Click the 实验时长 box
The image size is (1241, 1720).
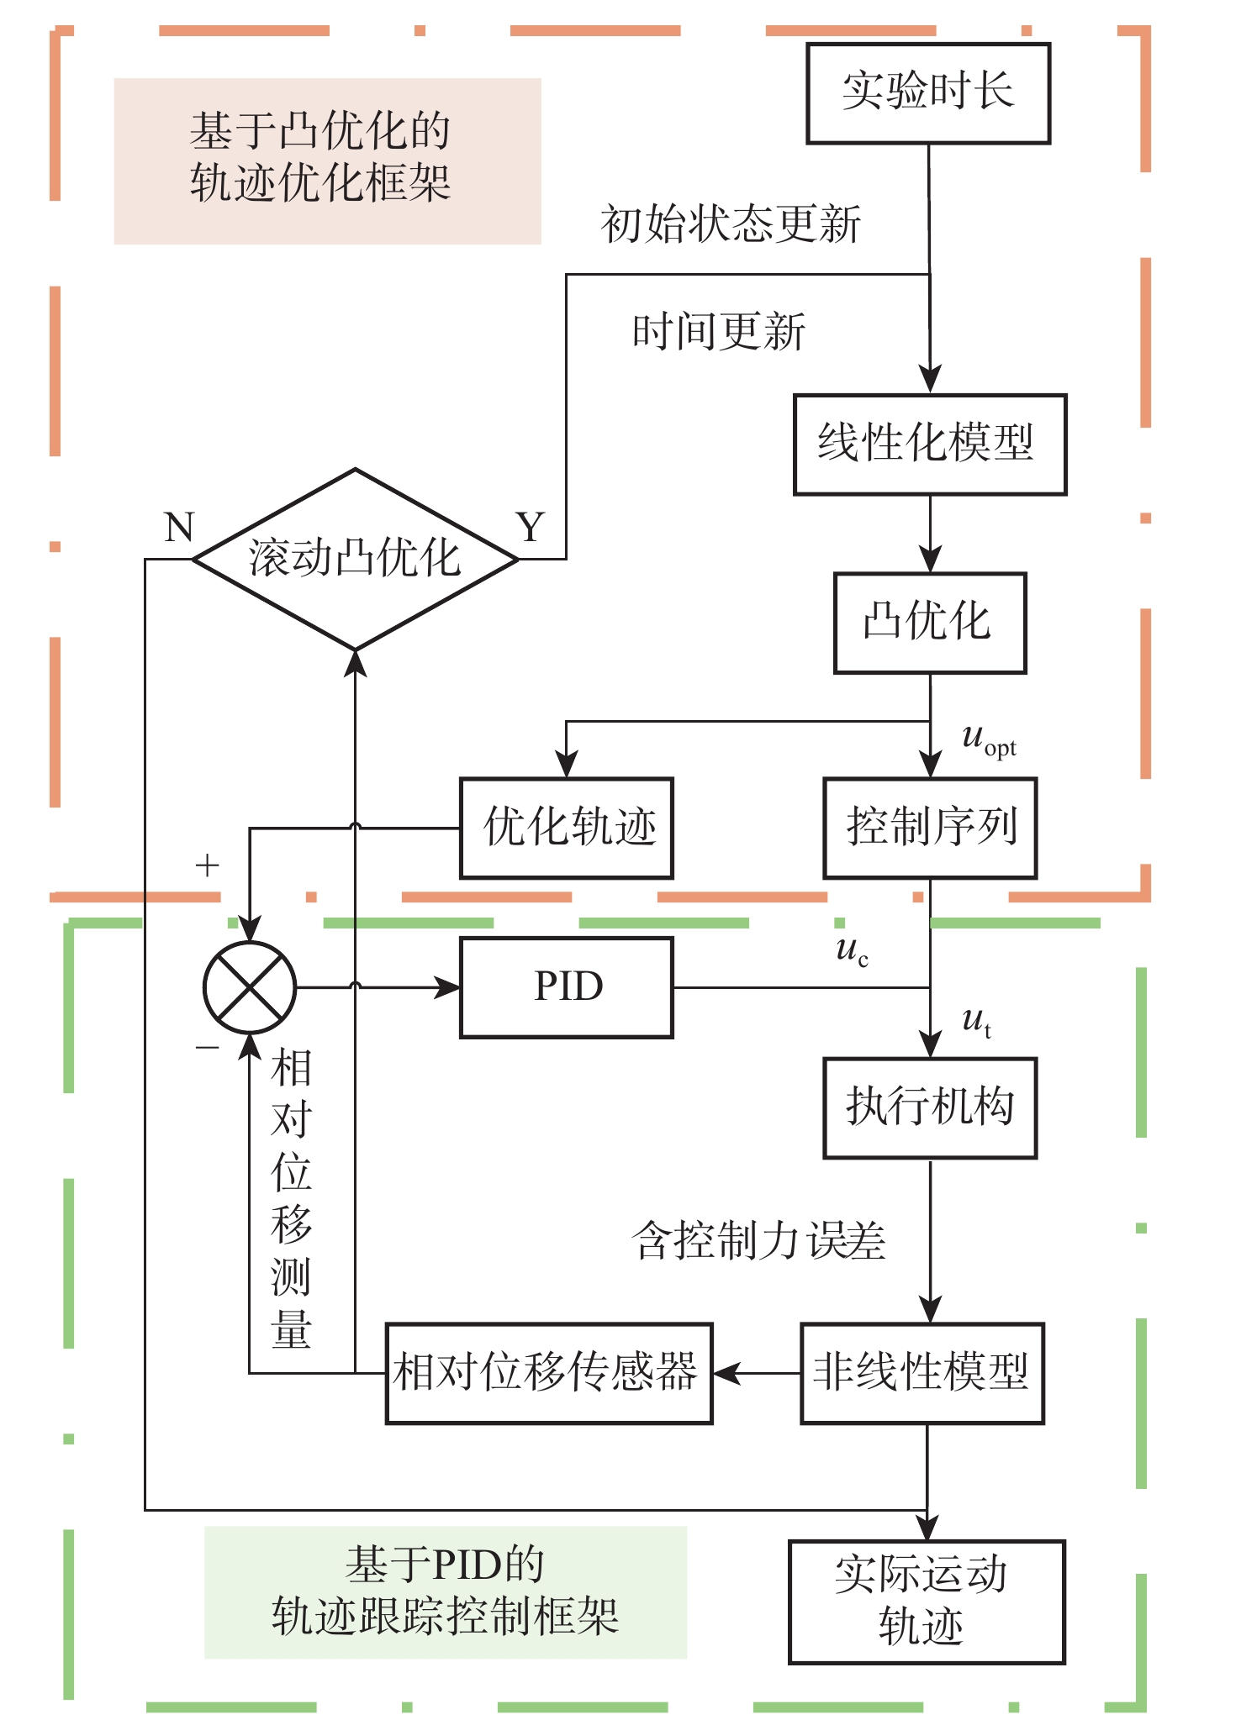[x=928, y=93]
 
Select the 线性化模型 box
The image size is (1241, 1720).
[x=930, y=444]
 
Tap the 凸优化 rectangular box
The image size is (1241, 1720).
[x=930, y=623]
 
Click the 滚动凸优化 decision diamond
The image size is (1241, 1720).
[x=355, y=559]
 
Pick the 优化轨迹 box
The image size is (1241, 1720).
[x=567, y=828]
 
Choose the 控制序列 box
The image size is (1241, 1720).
[x=930, y=828]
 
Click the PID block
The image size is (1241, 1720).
[x=567, y=987]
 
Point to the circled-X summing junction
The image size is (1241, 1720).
[x=250, y=987]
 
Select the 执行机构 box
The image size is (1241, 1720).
[x=930, y=1107]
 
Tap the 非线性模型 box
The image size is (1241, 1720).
[x=922, y=1374]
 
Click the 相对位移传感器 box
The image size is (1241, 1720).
[x=549, y=1374]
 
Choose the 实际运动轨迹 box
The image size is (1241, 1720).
[x=927, y=1602]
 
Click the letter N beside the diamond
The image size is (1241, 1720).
[x=179, y=528]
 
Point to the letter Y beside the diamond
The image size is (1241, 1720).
[x=531, y=528]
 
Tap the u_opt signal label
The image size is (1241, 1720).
[x=988, y=739]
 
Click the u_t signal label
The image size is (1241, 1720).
[x=976, y=1021]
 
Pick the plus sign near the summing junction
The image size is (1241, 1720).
[x=207, y=865]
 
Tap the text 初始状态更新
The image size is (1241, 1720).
[x=731, y=224]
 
